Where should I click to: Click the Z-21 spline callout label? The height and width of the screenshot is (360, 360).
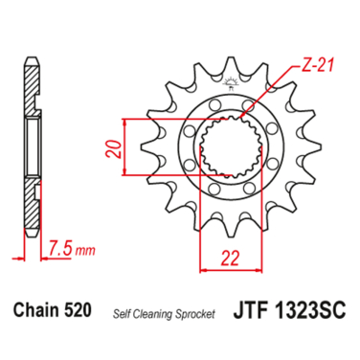[318, 66]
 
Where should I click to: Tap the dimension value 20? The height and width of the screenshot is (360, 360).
[114, 148]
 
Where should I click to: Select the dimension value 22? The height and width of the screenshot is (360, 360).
[230, 259]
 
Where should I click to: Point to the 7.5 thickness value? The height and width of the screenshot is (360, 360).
[60, 248]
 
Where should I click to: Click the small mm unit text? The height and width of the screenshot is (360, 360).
[85, 251]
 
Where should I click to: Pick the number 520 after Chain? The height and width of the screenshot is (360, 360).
[78, 310]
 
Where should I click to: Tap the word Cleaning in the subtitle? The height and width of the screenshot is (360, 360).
[151, 314]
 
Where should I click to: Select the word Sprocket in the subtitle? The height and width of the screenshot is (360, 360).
[194, 314]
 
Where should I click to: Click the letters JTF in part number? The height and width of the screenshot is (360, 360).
[251, 310]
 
